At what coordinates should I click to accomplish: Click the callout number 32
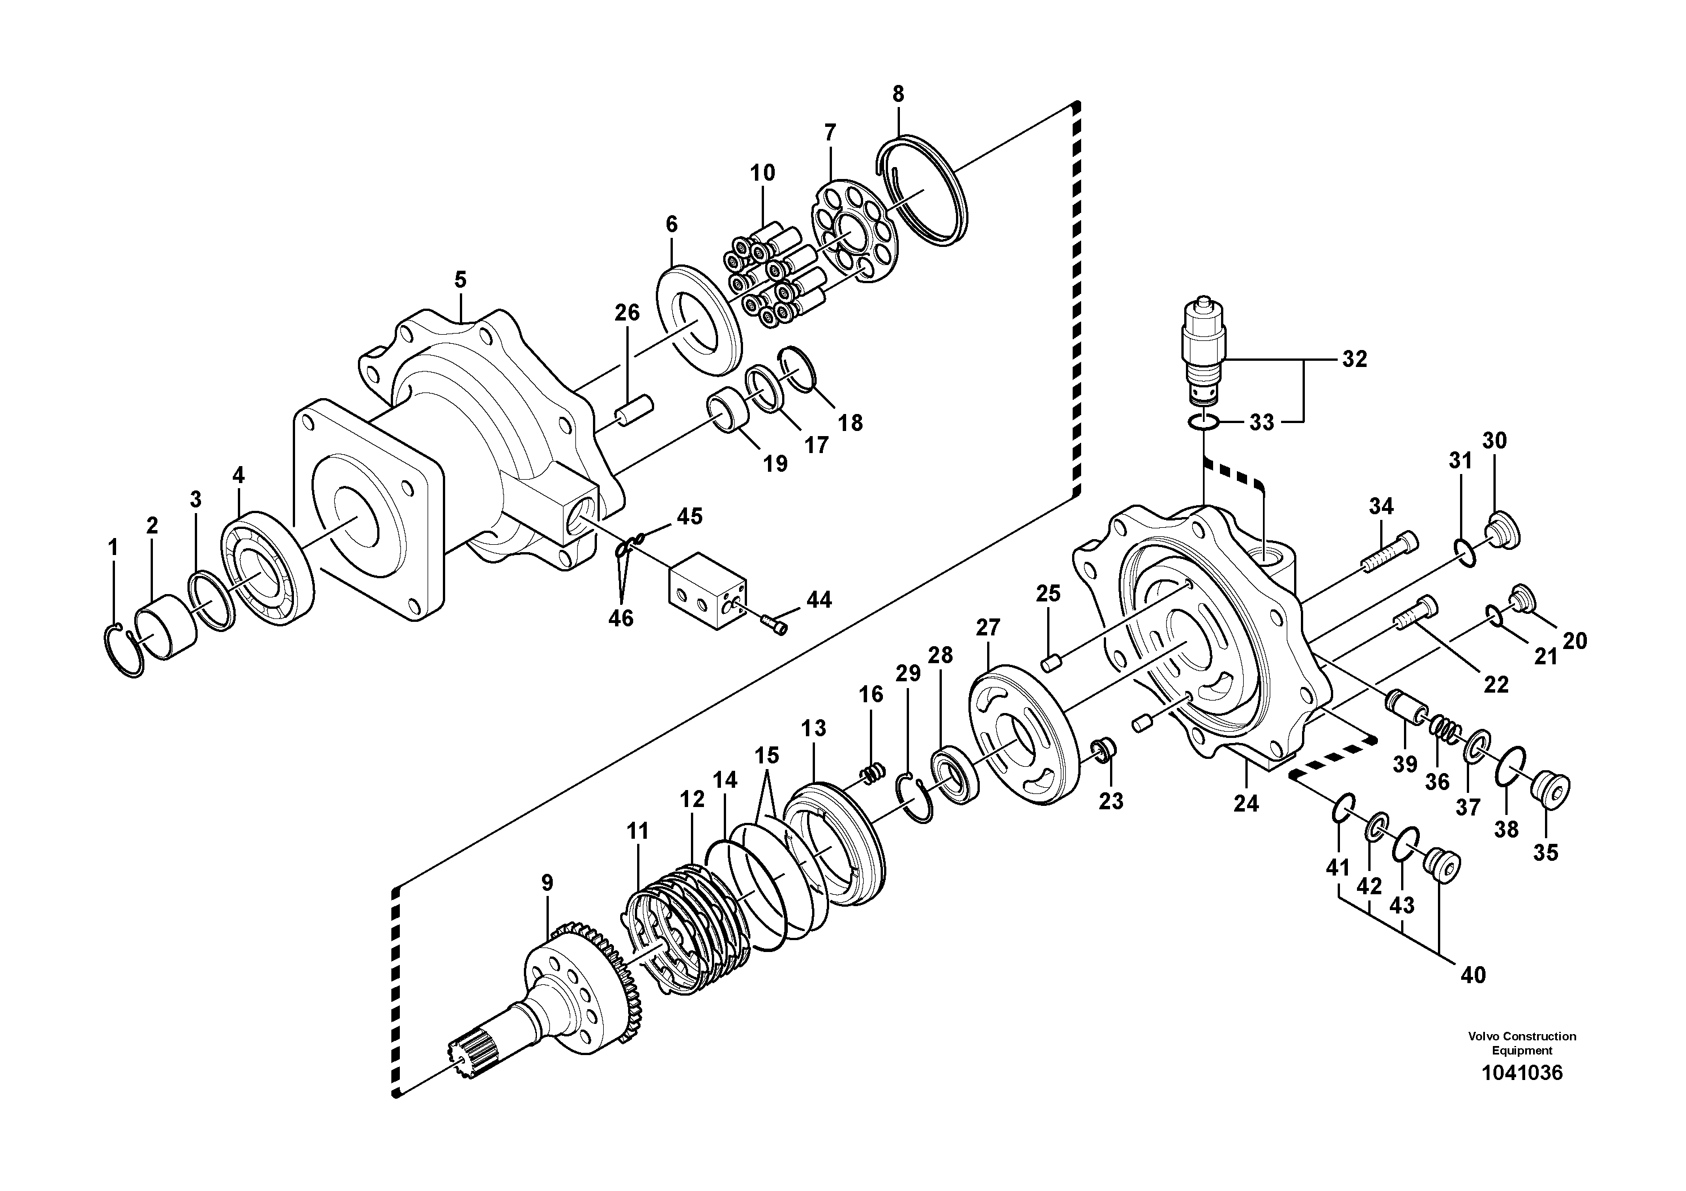coord(1354,359)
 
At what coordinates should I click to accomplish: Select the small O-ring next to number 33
coord(1203,422)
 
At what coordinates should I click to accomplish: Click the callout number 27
coord(988,628)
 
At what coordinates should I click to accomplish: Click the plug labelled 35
coord(1550,790)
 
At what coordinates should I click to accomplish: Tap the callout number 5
coord(460,280)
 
